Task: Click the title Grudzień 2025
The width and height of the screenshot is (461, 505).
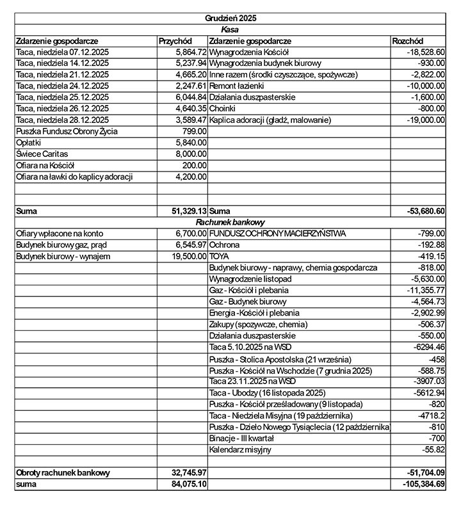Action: point(230,19)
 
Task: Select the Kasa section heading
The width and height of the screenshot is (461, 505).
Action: point(230,29)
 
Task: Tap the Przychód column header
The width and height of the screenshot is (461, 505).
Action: point(175,40)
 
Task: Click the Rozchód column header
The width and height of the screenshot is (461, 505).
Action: point(408,40)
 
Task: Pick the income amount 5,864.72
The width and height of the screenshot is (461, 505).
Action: point(190,52)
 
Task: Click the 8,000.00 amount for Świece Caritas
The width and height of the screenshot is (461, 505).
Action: point(191,154)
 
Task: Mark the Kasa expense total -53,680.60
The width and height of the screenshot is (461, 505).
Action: point(426,211)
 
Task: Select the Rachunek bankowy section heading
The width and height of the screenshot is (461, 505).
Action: point(230,222)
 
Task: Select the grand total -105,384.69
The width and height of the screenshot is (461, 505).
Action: point(422,485)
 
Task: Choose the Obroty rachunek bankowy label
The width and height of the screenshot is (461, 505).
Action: point(63,473)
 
